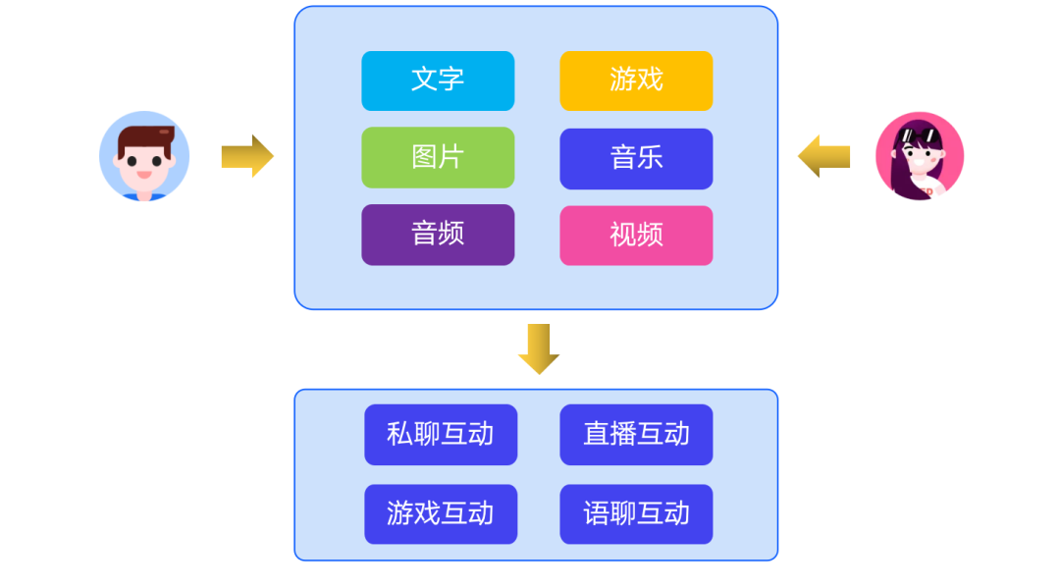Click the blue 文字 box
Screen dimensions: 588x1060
(438, 80)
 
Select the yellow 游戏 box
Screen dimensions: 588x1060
(636, 80)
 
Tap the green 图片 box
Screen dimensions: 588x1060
(438, 157)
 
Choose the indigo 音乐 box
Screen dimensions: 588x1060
(636, 158)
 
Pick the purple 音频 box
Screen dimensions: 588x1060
(438, 235)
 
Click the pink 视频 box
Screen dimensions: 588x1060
(636, 236)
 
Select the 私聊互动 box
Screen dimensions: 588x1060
(441, 435)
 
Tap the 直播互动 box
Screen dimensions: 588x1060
(636, 435)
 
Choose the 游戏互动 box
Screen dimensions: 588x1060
(441, 514)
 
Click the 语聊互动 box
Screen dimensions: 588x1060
(636, 514)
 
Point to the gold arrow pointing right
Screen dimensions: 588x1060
(247, 156)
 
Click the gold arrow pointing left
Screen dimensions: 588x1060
(823, 156)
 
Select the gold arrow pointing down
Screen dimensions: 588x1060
(539, 348)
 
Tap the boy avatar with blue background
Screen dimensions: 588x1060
(144, 156)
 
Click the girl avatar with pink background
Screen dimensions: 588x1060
(920, 156)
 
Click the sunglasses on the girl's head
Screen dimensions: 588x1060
(918, 134)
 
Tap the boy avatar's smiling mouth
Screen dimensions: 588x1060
(144, 175)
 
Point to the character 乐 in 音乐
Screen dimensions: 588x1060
(650, 158)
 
